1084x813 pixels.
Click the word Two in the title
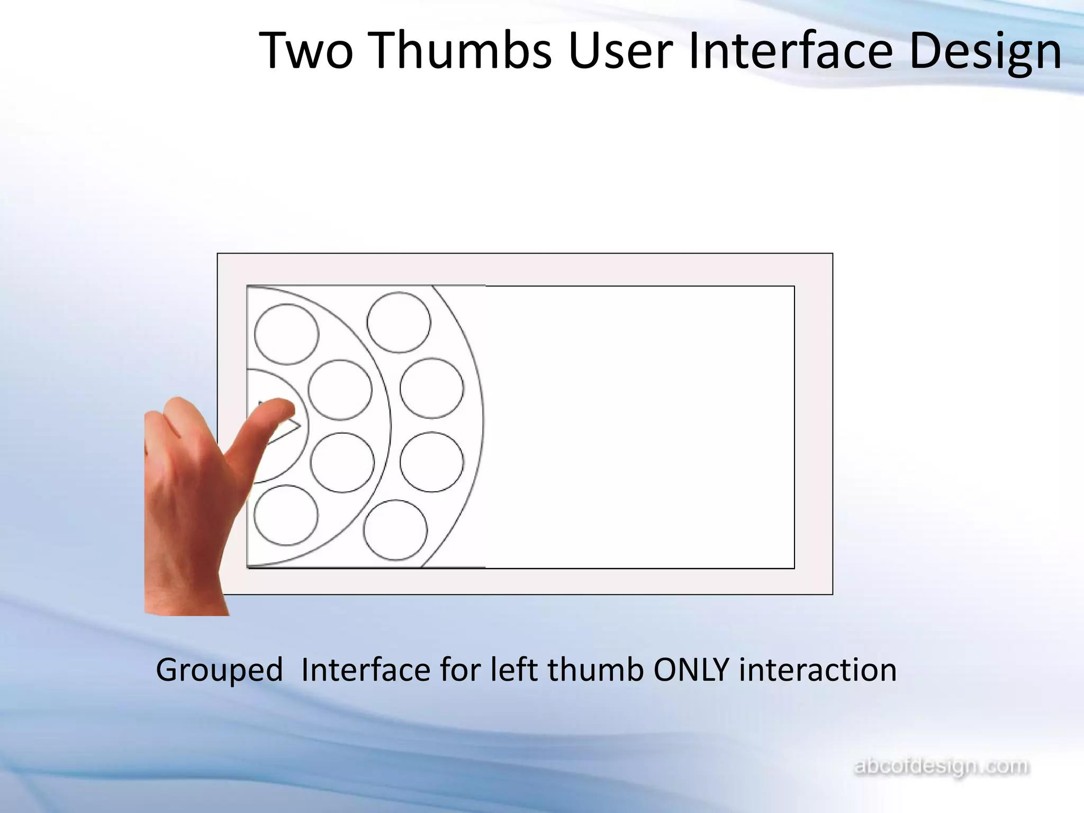coord(306,50)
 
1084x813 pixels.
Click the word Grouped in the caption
coord(219,670)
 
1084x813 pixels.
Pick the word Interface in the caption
coord(366,669)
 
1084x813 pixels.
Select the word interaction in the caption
coord(818,669)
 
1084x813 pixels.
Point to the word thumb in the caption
coord(595,669)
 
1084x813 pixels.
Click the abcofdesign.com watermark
coord(942,766)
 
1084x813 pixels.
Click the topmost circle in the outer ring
coord(399,322)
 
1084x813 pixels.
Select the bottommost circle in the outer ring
coord(395,530)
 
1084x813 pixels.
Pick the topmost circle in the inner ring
coord(286,334)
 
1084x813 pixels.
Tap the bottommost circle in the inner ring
coord(286,515)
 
